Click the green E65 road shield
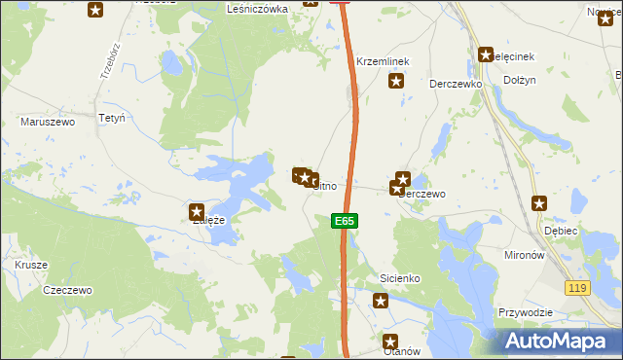[344, 222]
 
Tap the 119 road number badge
[578, 287]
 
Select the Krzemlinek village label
[383, 61]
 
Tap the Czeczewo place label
[67, 290]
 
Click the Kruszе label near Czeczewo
[30, 265]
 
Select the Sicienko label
[399, 279]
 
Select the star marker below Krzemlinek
[396, 81]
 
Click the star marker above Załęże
[196, 209]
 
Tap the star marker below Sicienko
[381, 301]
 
